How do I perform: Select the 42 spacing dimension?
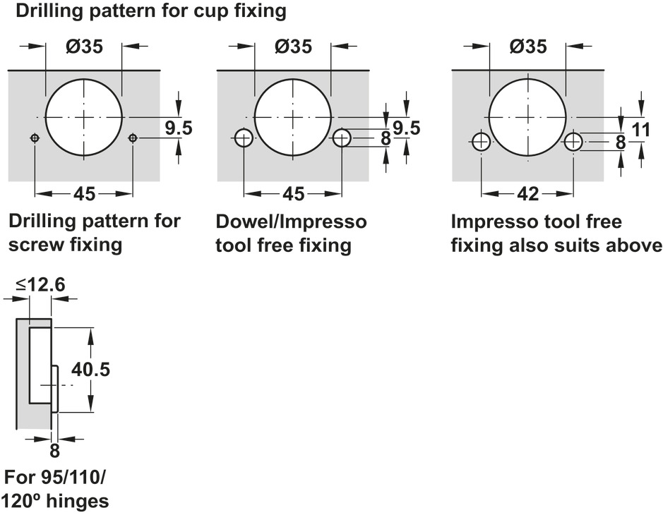point(528,193)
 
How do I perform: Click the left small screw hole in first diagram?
point(35,139)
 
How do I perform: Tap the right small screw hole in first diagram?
point(133,139)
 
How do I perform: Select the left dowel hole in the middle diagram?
point(244,138)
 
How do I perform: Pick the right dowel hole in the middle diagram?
point(342,138)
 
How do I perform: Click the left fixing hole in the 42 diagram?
point(482,142)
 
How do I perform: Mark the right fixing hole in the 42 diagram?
point(573,142)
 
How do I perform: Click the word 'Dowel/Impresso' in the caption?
point(291,222)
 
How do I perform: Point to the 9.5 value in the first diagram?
point(179,128)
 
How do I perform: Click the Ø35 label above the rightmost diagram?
point(527,47)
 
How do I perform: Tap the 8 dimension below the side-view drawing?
point(54,450)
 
